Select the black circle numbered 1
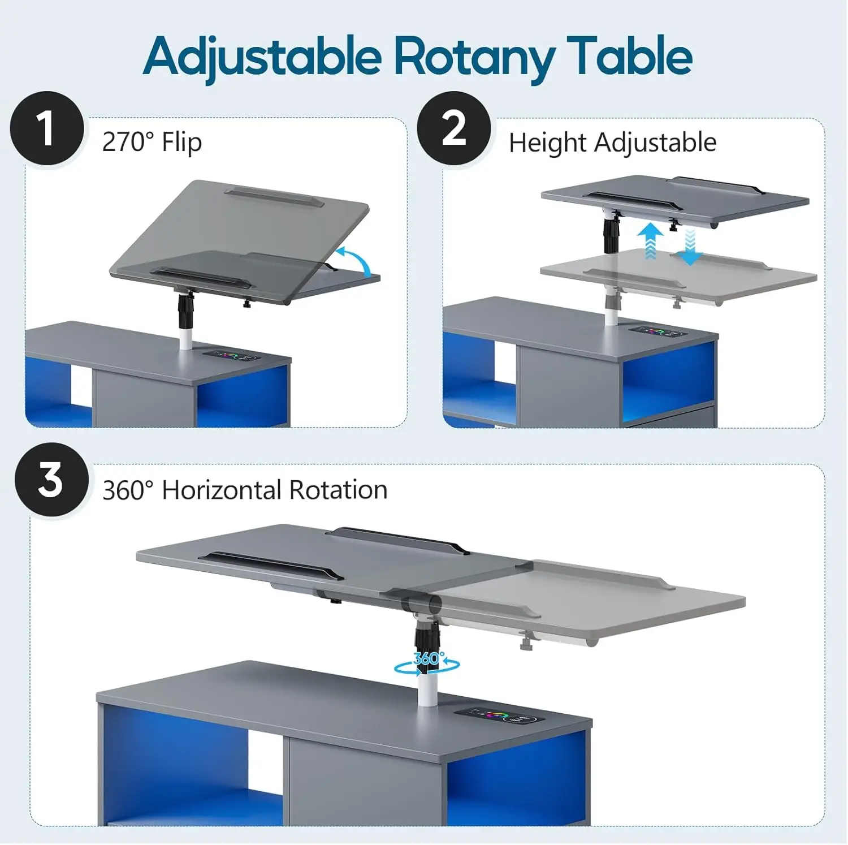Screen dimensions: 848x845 coord(46,128)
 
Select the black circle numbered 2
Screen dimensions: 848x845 coord(454,128)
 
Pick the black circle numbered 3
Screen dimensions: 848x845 coord(51,480)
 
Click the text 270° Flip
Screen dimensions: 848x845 coord(152,141)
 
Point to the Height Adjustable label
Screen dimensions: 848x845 coord(612,143)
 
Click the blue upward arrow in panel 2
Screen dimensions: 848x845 coord(651,240)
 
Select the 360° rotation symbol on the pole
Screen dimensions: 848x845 coord(427,663)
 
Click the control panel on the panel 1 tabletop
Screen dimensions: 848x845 coord(230,357)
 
